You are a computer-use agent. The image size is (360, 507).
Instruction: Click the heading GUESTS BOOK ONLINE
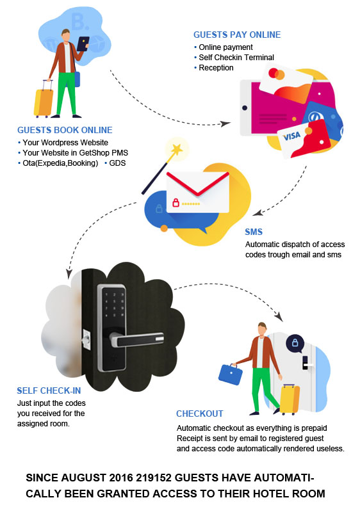[x=65, y=130]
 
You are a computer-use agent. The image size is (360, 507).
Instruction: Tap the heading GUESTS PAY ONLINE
[x=237, y=35]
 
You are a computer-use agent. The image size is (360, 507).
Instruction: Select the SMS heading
[x=254, y=232]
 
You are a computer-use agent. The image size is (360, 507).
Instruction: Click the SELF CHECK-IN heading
[x=49, y=390]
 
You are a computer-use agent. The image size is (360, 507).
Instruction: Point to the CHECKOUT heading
[x=200, y=414]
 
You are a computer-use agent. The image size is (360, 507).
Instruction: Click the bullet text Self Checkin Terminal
[x=236, y=57]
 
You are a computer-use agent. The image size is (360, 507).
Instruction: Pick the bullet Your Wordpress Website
[x=65, y=143]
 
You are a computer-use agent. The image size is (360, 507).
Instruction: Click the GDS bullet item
[x=117, y=163]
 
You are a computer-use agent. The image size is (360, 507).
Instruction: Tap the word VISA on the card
[x=292, y=136]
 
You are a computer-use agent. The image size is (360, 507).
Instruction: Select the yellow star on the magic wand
[x=177, y=149]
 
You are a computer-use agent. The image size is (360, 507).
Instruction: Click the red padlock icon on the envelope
[x=176, y=203]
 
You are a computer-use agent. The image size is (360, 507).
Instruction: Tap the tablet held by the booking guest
[x=83, y=44]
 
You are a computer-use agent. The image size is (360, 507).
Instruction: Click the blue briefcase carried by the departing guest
[x=231, y=374]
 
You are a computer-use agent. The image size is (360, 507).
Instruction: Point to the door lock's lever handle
[x=137, y=339]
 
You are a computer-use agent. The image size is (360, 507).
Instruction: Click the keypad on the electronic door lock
[x=114, y=305]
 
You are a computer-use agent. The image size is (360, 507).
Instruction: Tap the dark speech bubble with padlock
[x=295, y=343]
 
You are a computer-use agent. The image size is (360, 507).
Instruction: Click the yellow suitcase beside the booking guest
[x=44, y=101]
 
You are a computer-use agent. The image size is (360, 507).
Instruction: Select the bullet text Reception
[x=216, y=68]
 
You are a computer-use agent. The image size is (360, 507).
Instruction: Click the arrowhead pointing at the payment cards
[x=225, y=124]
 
